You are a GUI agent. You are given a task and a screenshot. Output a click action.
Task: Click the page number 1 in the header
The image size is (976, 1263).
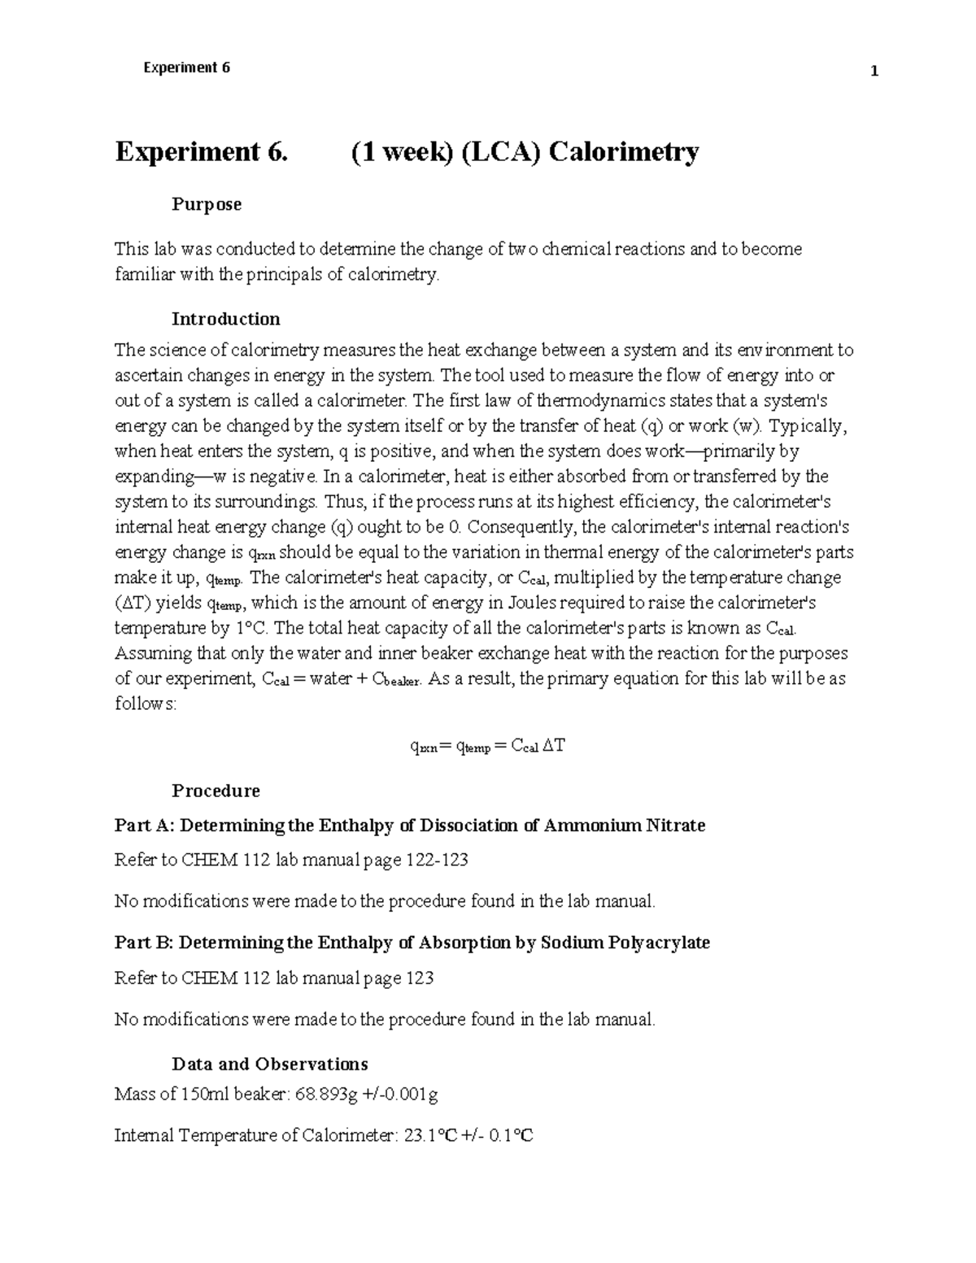(874, 72)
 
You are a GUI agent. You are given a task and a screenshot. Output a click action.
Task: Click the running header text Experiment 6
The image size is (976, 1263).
(186, 68)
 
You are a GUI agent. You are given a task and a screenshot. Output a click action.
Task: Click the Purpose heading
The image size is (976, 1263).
(207, 204)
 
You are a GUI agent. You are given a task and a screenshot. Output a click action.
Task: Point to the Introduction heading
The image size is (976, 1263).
(226, 319)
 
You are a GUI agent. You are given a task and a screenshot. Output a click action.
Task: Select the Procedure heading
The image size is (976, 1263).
(216, 790)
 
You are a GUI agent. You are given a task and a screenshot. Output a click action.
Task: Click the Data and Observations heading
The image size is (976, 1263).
(270, 1064)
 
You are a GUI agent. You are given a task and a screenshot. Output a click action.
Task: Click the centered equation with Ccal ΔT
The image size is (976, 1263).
(486, 746)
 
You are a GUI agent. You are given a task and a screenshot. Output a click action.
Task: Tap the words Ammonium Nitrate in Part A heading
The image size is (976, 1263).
(624, 825)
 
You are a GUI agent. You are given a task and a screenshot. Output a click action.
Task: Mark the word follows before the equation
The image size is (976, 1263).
(144, 703)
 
